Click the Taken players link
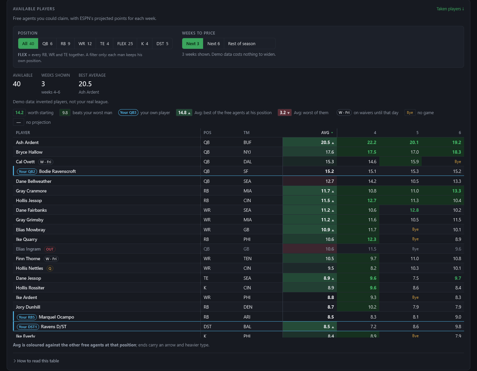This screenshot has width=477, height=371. tap(450, 9)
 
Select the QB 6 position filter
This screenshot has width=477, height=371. tap(47, 44)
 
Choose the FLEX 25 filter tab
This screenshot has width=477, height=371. tap(125, 44)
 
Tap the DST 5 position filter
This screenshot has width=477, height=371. tap(162, 44)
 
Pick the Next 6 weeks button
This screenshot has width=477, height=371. tap(214, 44)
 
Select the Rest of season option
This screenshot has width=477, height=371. tap(241, 44)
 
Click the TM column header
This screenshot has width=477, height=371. tap(246, 132)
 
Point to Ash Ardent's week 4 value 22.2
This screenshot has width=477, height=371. tap(372, 143)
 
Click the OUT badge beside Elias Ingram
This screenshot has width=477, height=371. tap(50, 249)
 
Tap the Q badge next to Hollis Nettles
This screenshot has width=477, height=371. tap(50, 268)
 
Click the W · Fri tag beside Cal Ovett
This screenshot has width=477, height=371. tap(46, 162)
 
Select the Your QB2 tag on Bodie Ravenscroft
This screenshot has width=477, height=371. tap(27, 171)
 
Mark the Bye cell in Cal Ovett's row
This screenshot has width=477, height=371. tap(458, 162)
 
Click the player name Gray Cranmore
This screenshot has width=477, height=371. tap(31, 191)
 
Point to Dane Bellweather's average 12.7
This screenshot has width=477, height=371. tap(329, 181)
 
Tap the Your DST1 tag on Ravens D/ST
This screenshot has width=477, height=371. tap(28, 327)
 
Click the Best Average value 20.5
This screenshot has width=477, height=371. tap(85, 84)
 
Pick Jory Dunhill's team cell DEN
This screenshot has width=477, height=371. tap(248, 307)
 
